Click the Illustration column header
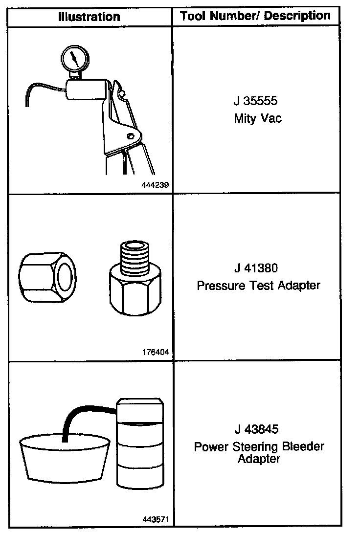[x=89, y=17]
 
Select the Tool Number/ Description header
[x=255, y=16]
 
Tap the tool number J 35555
[x=255, y=103]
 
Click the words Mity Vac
[x=258, y=118]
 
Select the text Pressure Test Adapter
[x=258, y=285]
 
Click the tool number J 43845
[x=257, y=429]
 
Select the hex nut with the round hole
[x=47, y=278]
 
